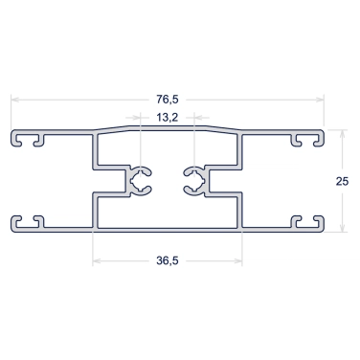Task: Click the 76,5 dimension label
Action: [168, 100]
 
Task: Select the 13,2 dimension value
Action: [167, 118]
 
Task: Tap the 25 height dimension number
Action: [342, 181]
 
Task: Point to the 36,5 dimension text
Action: [168, 260]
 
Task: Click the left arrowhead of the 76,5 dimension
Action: [14, 100]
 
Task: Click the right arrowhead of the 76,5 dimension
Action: [320, 100]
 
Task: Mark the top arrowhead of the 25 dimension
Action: [342, 134]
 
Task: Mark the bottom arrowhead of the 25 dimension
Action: [342, 228]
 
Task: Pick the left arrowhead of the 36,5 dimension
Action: [97, 261]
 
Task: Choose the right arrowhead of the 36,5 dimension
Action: [238, 261]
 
